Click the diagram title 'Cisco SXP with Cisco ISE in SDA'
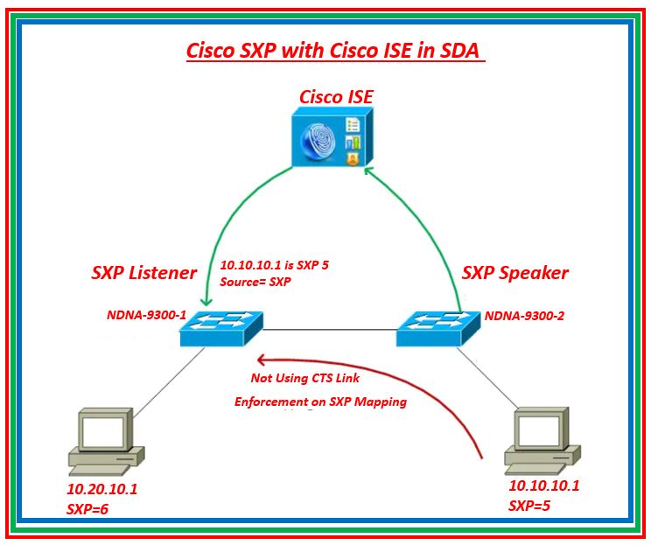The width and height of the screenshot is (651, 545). click(335, 50)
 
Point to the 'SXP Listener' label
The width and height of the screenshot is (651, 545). click(143, 272)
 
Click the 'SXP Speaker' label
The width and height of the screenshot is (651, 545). click(514, 272)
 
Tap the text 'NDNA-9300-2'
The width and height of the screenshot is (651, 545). click(524, 316)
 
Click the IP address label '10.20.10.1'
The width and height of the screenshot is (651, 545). click(101, 490)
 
